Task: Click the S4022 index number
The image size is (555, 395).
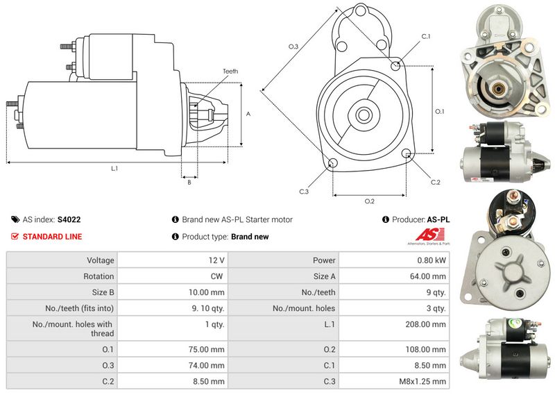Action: click(69, 219)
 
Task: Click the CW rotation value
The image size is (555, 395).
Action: click(216, 276)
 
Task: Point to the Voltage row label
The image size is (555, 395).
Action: click(101, 260)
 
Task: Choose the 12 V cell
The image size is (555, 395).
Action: click(216, 260)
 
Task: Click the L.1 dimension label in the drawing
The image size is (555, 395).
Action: click(114, 168)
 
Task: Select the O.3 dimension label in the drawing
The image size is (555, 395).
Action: click(293, 47)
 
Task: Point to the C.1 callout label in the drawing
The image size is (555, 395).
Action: click(426, 36)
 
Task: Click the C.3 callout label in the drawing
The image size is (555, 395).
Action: click(304, 192)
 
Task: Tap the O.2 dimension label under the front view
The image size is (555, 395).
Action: click(369, 201)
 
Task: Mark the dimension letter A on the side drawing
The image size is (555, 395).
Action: click(248, 114)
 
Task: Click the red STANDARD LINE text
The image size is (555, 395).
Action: click(52, 237)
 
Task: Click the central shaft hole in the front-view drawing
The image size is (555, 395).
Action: click(364, 114)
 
